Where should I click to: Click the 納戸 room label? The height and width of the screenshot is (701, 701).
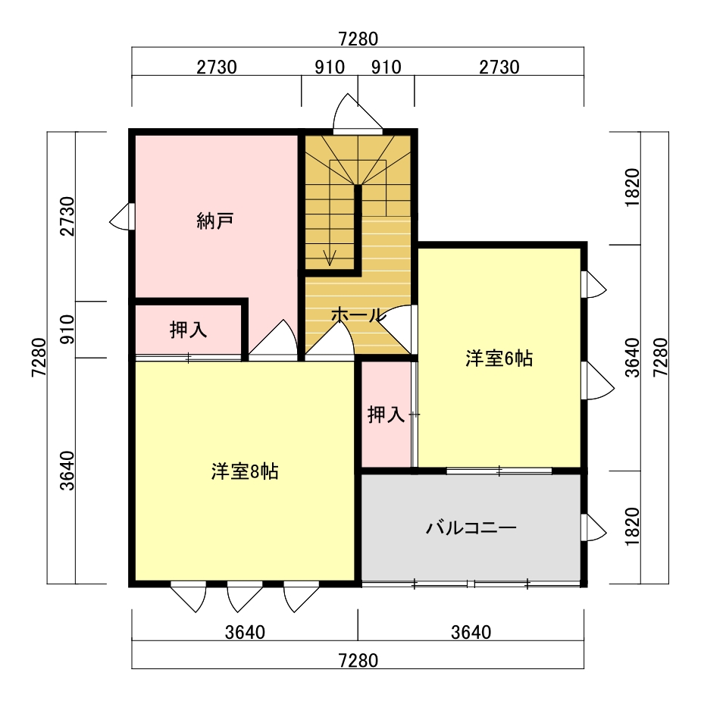[215, 221]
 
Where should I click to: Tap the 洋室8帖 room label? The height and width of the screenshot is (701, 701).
[245, 471]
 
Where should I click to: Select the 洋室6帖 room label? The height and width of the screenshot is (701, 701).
[499, 358]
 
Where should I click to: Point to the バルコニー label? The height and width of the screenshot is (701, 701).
[471, 528]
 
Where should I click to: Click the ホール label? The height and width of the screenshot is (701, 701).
[358, 315]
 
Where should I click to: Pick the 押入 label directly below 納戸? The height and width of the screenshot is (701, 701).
[188, 330]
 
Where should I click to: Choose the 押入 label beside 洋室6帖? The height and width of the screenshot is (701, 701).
[386, 415]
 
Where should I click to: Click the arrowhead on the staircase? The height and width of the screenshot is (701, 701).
[330, 258]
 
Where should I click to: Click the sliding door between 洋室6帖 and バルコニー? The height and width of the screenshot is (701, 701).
[499, 471]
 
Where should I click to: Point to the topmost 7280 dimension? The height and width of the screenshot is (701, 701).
[358, 39]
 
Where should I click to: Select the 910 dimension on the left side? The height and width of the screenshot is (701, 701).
[67, 330]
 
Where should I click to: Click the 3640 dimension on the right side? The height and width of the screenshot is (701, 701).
[633, 358]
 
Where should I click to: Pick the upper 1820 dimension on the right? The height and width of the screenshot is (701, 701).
[633, 188]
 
